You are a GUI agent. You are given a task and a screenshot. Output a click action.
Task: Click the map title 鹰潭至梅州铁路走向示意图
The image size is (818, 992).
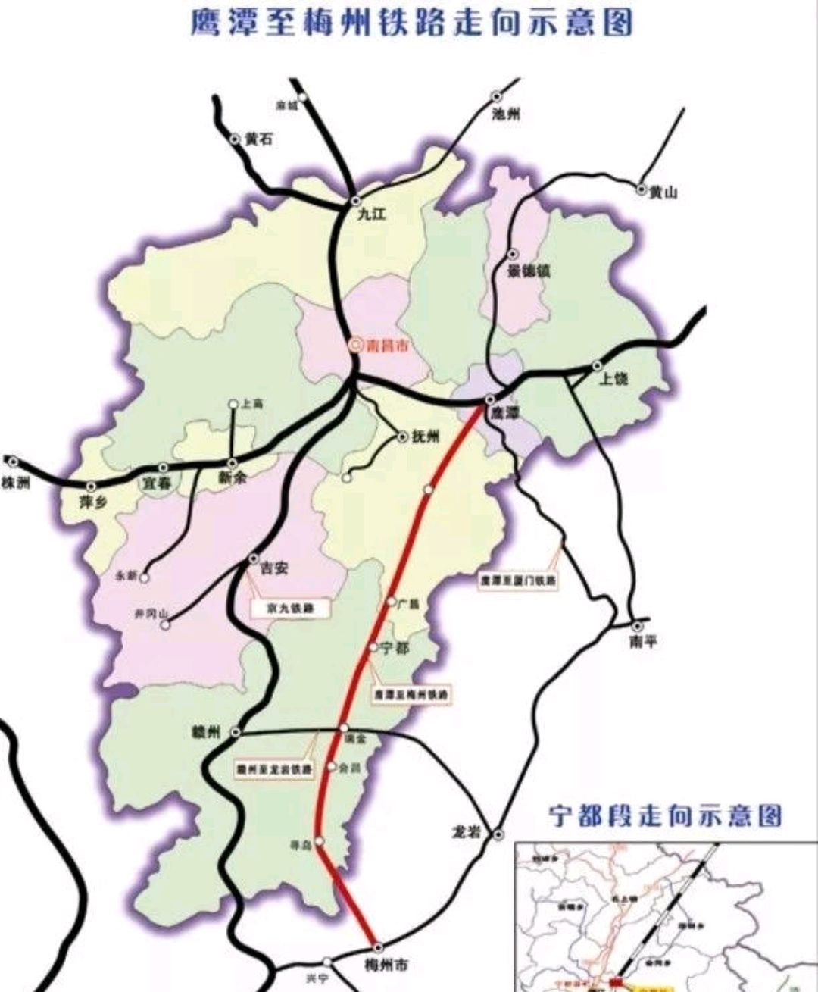[411, 23]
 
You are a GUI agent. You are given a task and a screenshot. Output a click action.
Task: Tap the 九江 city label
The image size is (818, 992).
[371, 214]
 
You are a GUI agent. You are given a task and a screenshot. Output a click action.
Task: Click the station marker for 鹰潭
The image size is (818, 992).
[490, 399]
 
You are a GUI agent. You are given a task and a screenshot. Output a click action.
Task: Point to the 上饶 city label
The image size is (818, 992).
[613, 378]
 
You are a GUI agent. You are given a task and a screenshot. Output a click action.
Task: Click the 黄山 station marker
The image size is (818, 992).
[642, 189]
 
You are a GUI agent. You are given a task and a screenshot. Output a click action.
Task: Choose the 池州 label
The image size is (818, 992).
[506, 115]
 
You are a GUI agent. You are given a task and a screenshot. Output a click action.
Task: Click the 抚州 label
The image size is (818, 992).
[425, 437]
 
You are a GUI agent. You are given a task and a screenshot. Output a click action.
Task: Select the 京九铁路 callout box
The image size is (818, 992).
[291, 608]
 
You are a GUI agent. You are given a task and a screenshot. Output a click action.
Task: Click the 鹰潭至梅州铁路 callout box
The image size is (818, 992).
[412, 693]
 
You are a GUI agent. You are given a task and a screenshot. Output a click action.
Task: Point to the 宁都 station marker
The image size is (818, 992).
[373, 647]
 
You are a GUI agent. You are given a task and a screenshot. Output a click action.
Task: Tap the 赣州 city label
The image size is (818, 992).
[206, 732]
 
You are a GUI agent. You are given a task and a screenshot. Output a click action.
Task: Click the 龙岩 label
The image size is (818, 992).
[466, 832]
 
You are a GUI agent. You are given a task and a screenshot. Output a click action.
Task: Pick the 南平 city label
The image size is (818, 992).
[643, 643]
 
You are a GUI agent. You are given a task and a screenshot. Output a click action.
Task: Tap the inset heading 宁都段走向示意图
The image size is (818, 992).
[665, 816]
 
